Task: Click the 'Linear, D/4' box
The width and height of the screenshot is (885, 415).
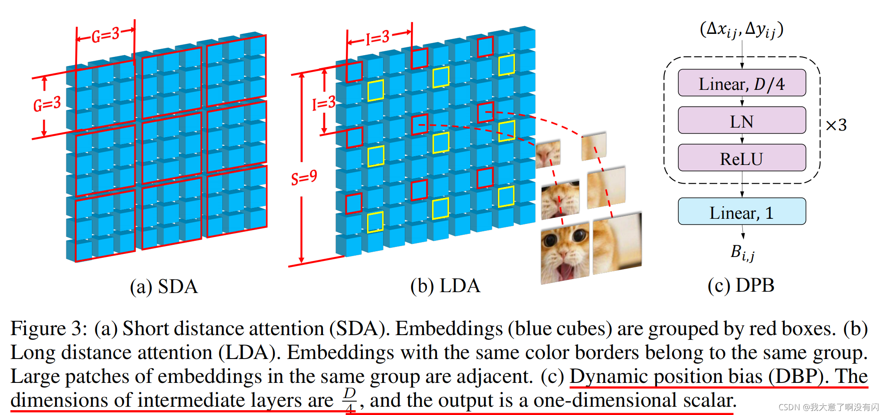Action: pos(742,83)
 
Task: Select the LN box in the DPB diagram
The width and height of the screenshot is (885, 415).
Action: pos(742,121)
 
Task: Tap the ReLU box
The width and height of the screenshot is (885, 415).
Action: pos(742,158)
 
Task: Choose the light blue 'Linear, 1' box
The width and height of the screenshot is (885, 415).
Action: pos(742,212)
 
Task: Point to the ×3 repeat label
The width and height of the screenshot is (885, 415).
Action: pos(836,125)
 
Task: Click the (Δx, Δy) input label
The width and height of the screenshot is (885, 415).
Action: pos(742,30)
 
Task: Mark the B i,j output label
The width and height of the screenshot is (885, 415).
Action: pos(742,252)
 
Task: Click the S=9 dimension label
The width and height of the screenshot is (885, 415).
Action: pos(304,178)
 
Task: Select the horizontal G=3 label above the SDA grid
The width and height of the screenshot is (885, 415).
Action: pos(105,35)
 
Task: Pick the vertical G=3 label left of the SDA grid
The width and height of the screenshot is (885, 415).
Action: pos(47,104)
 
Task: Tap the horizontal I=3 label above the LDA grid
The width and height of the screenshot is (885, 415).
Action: pos(377,38)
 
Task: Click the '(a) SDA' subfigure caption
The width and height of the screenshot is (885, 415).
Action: pos(164,287)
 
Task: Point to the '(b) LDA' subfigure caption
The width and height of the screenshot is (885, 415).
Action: pos(445,286)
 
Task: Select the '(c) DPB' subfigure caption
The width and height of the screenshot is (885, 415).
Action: pos(741,285)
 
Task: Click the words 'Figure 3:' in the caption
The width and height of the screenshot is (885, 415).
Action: pos(49,328)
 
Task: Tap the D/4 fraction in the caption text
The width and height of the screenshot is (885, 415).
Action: pos(349,399)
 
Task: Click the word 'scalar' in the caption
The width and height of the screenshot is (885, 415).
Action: pos(709,400)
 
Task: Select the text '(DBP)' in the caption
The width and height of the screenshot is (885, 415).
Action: pos(796,376)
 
